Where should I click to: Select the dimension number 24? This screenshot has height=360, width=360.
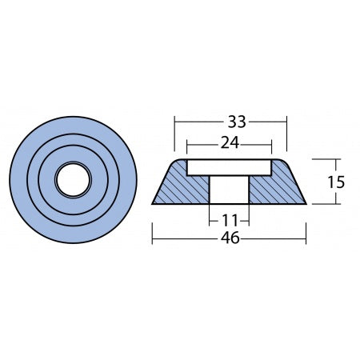pos(230,145)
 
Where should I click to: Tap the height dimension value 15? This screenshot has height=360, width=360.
pos(336,182)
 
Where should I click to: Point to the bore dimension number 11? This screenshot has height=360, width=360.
pos(230,217)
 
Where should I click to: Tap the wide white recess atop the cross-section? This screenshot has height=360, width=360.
pos(230,167)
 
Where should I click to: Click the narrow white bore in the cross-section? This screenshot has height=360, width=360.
pos(230,190)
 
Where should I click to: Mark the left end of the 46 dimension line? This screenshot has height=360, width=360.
pos(153,238)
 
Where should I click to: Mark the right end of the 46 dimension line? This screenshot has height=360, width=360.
pos(306,238)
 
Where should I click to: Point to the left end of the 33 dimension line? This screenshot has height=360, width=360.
pos(174,122)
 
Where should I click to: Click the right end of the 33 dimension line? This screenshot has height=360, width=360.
pos(286,122)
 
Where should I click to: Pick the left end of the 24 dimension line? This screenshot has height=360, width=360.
pos(187,145)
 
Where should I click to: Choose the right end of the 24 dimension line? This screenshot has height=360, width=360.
pos(272,145)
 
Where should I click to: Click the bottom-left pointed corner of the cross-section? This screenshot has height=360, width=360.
pos(154,204)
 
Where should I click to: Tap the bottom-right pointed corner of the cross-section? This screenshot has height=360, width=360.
pos(306,204)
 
